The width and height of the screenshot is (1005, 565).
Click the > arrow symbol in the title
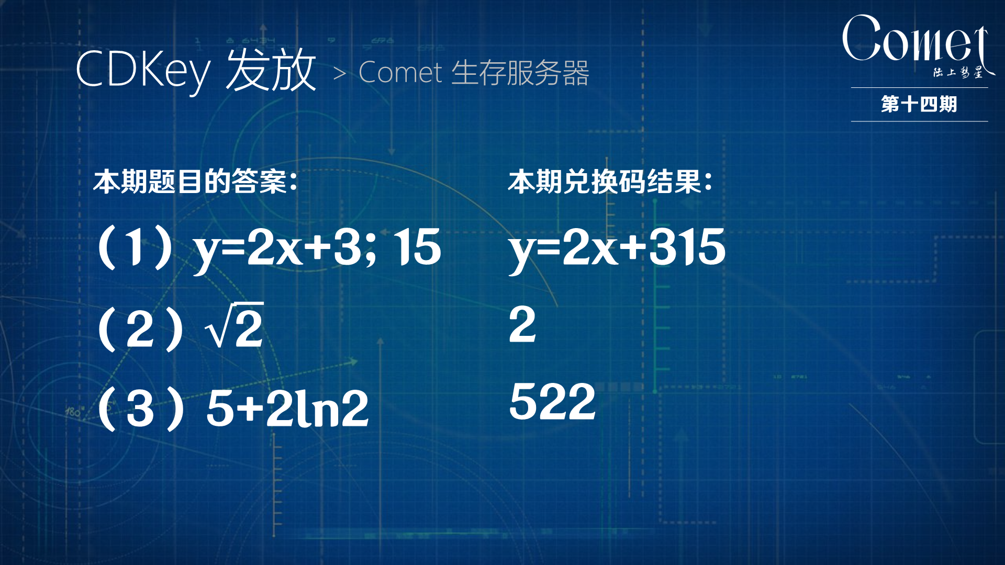339,74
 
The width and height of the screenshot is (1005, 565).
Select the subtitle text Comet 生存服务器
474,73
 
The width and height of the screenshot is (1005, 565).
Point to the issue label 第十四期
919,104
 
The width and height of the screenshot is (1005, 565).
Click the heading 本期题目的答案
195,182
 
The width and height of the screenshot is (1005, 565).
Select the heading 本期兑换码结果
610,182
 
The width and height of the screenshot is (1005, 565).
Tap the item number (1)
136,247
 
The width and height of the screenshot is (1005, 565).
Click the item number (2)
140,329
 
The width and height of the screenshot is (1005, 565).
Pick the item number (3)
140,409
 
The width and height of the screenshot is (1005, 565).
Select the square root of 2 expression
234,326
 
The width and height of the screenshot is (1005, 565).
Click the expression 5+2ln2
287,409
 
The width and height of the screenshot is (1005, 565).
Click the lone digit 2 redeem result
522,325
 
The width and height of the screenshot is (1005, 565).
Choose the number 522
552,402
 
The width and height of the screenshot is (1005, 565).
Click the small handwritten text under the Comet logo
957,73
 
